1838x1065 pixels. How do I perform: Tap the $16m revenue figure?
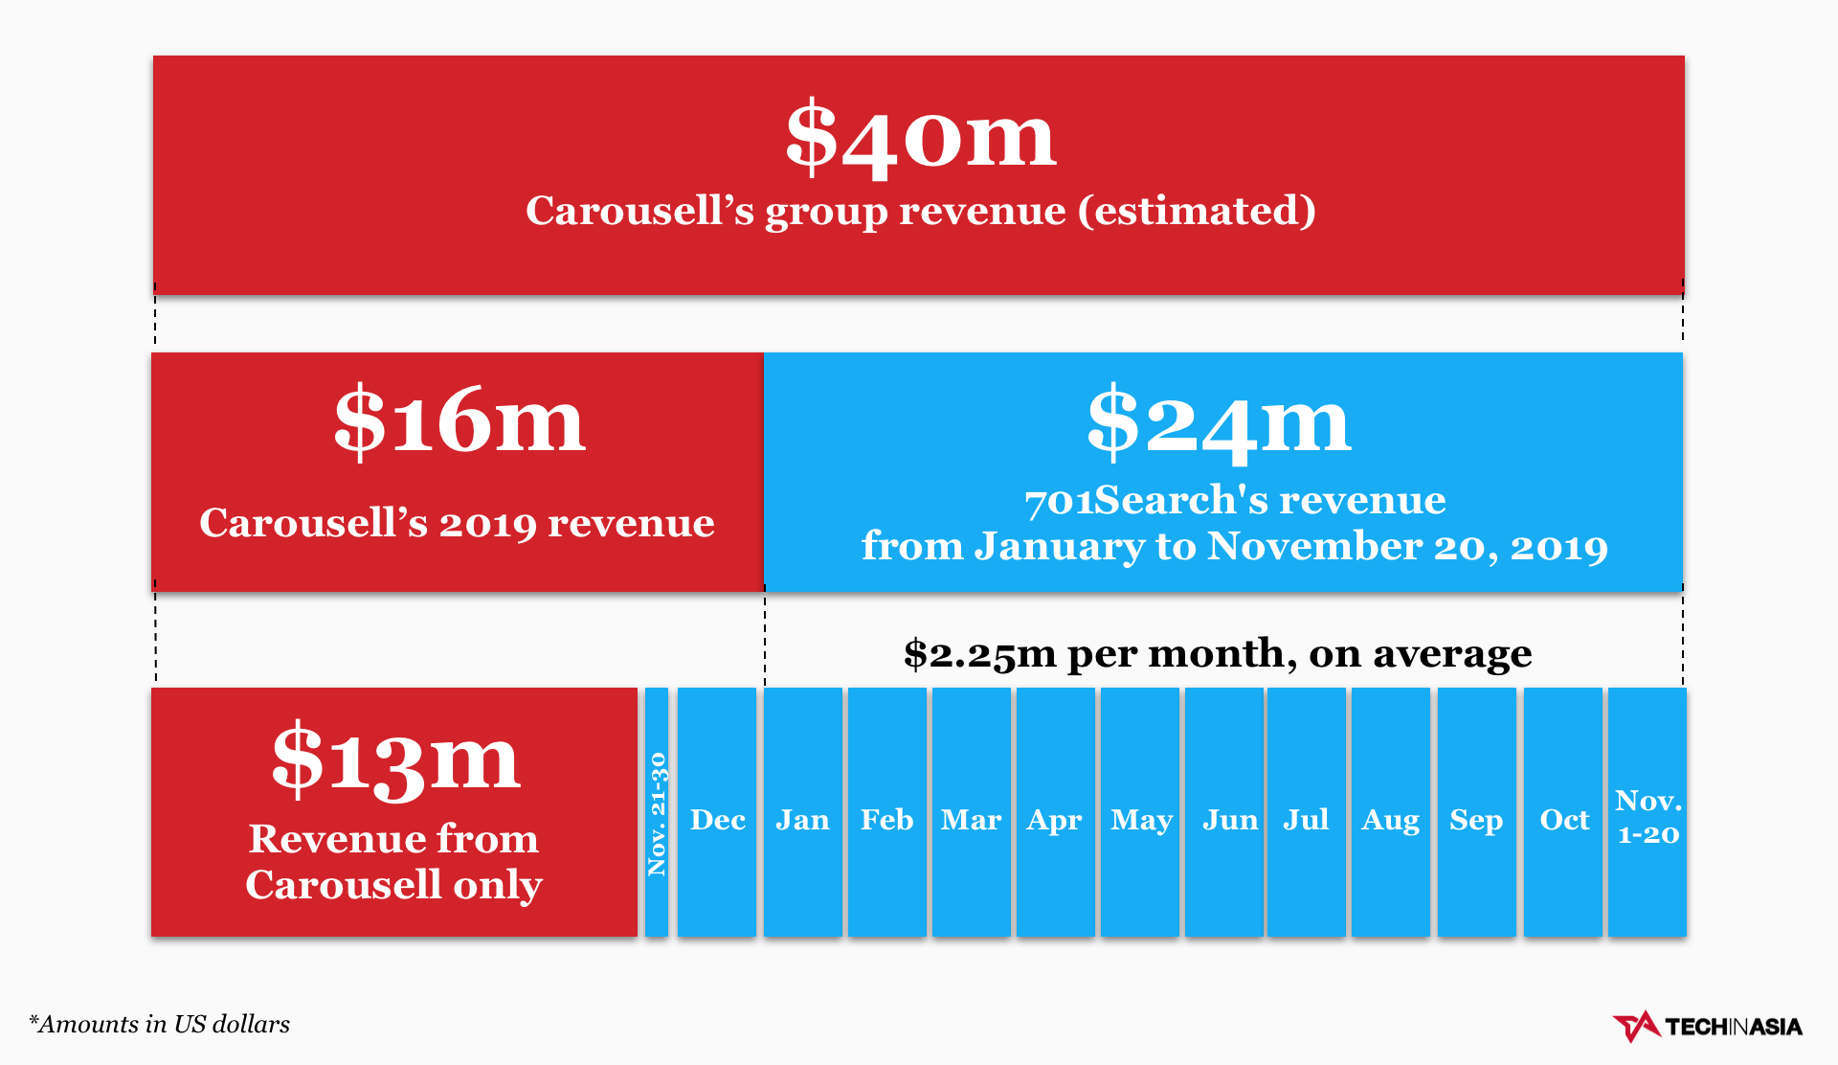pyautogui.click(x=459, y=421)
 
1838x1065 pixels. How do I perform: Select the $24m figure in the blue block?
pyautogui.click(x=1218, y=421)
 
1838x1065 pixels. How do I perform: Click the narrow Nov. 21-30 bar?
pyautogui.click(x=657, y=812)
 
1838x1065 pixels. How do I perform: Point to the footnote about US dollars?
pyautogui.click(x=159, y=1024)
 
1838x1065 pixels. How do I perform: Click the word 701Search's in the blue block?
pyautogui.click(x=1149, y=500)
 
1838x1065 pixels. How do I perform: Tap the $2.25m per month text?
pyautogui.click(x=1217, y=653)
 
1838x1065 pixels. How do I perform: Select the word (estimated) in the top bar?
pyautogui.click(x=1197, y=211)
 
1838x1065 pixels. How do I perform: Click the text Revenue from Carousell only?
pyautogui.click(x=393, y=861)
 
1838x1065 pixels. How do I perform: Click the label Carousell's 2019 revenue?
pyautogui.click(x=457, y=523)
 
